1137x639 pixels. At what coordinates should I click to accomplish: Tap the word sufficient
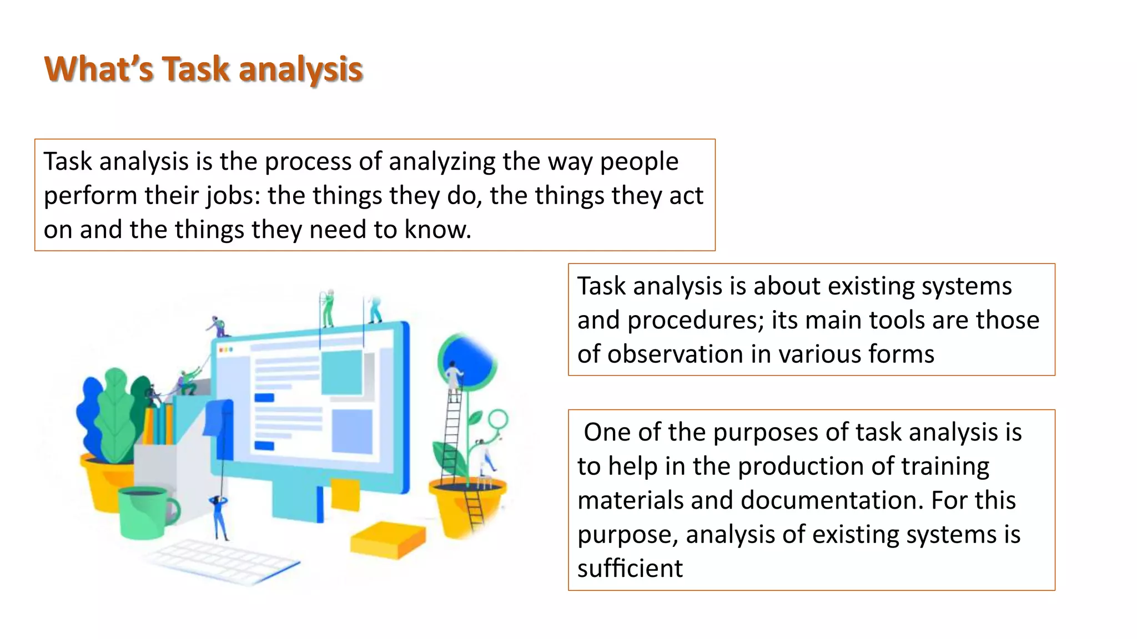point(630,569)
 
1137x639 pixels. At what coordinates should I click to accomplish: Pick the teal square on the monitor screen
point(342,372)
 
